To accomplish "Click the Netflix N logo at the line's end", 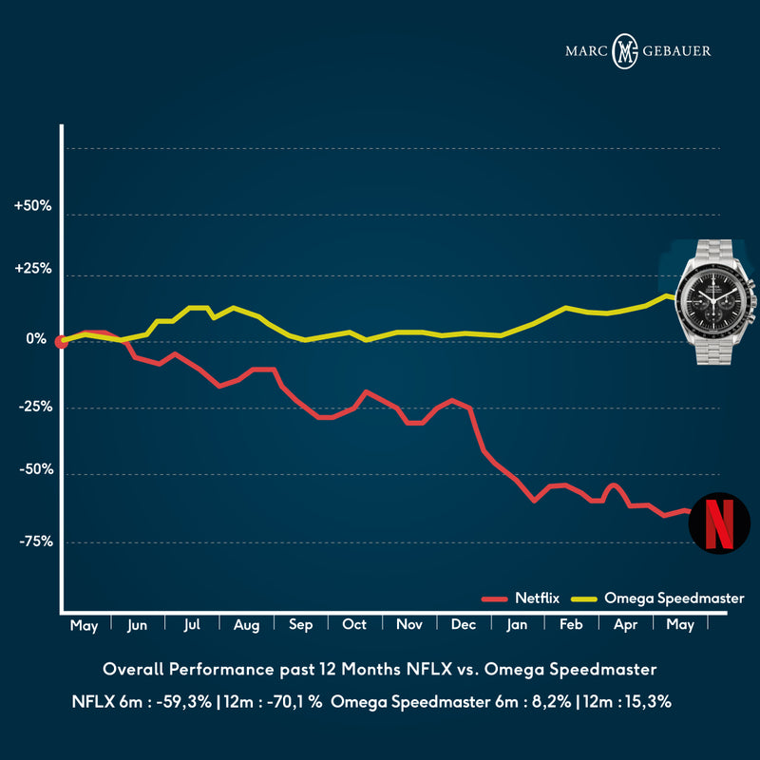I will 719,522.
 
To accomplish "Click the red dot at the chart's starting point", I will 62,342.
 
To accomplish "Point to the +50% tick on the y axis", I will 33,205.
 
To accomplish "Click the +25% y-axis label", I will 33,269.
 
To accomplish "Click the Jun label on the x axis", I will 138,626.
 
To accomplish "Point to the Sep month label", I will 301,626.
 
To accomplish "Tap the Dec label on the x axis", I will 465,626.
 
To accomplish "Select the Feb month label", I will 572,626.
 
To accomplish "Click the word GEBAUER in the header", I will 678,50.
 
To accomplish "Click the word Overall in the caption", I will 132,670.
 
